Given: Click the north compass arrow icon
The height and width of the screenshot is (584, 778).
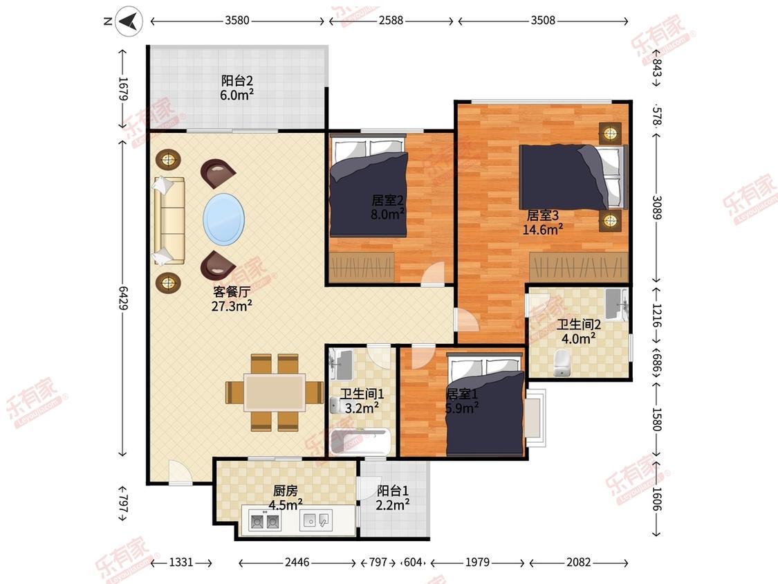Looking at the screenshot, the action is coord(129,21).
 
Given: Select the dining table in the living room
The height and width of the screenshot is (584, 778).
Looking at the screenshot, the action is coord(275,392).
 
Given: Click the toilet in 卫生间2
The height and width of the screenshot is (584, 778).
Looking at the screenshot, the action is coord(561,363).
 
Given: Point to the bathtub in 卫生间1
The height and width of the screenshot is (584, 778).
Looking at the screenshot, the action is coord(360,441).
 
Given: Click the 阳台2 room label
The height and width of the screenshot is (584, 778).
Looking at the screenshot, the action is coord(237,80).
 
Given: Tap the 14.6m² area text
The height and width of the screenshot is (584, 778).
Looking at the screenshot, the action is coord(542,230).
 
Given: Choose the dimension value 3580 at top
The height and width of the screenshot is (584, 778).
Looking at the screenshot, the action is coord(237,20).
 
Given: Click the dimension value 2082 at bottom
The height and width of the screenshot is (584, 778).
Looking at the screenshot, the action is coord(579,562).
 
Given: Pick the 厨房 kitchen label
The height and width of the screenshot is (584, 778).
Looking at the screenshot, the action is coord(286,491).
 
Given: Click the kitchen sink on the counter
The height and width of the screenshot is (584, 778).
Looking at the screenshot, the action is coord(316,520).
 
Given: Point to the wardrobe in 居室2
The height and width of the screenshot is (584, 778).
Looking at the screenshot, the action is coord(362,268).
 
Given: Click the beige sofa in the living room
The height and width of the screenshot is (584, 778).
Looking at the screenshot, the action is coord(169,221).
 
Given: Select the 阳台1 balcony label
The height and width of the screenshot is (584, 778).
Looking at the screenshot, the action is coord(393,491).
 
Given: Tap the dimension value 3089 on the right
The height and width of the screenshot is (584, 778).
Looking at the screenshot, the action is coord(656,208).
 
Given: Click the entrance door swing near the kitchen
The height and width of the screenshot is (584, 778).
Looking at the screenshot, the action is coord(180,473).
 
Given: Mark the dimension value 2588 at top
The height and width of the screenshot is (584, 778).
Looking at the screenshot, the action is coord(391,20).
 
